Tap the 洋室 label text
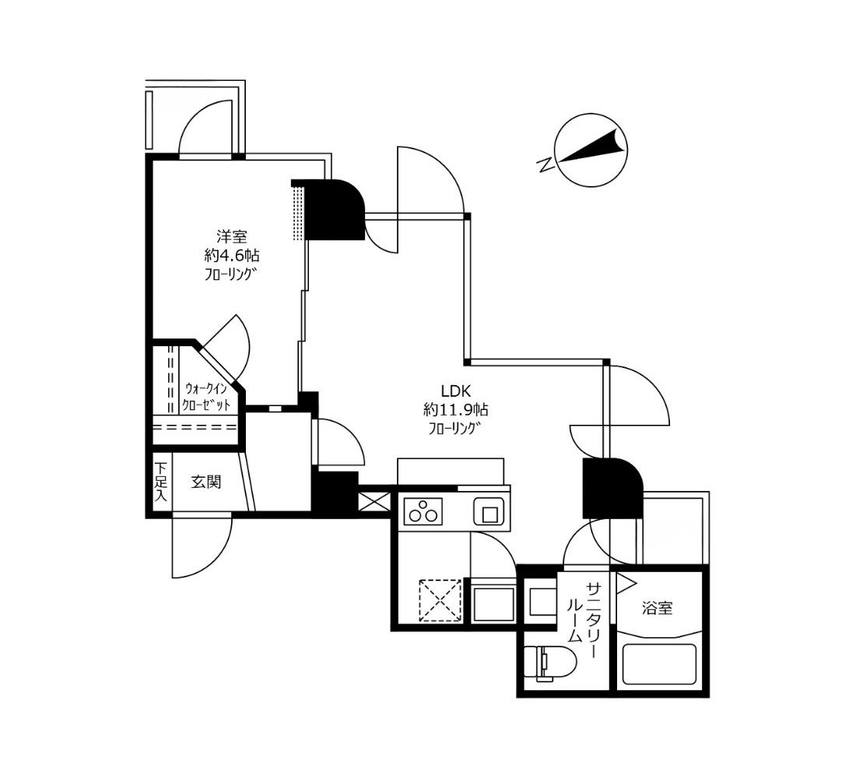[232, 237]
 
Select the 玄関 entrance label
[205, 482]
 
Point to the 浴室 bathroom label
[658, 608]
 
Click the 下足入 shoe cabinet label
[160, 482]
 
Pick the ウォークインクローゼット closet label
[207, 397]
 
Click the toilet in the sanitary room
[549, 664]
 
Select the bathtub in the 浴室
[659, 664]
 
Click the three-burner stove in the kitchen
[423, 512]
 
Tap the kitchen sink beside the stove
[489, 512]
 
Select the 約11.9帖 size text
[456, 409]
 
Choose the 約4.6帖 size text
[232, 255]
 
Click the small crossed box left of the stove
[374, 502]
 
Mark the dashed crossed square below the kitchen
[440, 600]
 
